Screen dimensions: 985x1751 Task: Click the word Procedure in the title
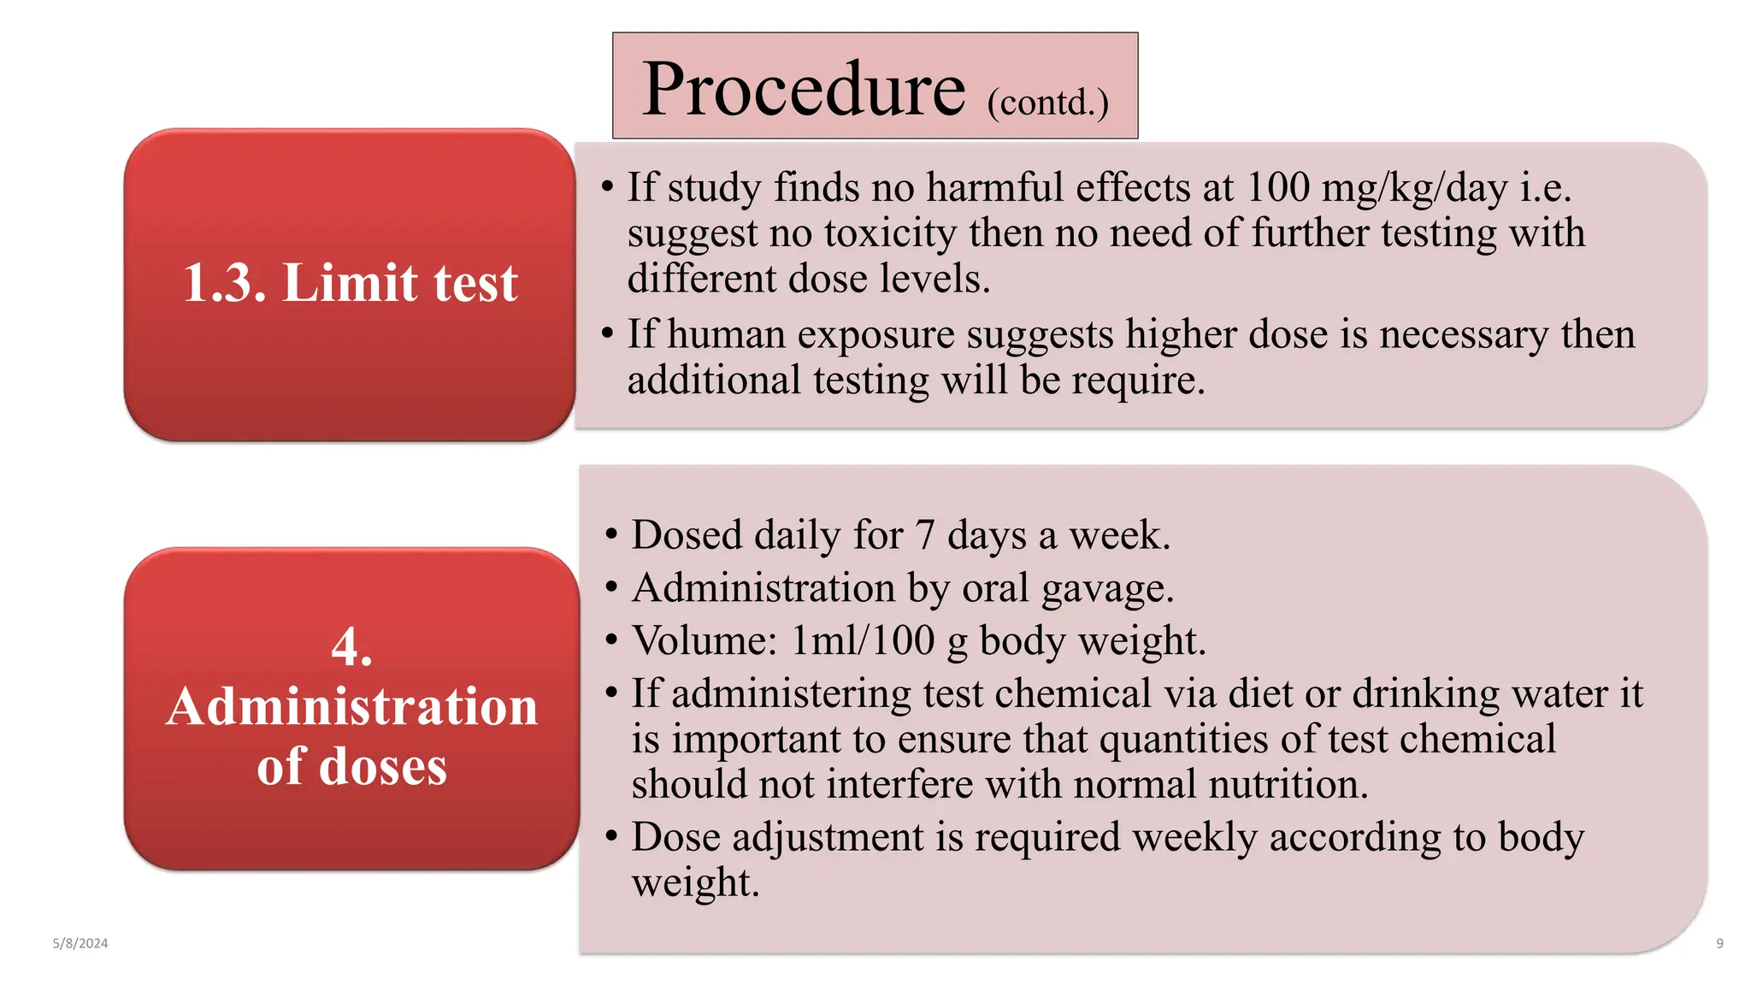coord(803,90)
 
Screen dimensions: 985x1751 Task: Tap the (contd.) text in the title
coord(1047,103)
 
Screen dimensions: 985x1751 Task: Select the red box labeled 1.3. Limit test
coord(350,284)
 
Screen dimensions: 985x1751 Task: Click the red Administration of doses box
coord(351,708)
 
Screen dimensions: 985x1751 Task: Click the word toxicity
coord(890,233)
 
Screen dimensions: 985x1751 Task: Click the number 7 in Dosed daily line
coord(924,535)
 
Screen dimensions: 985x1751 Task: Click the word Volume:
coord(705,640)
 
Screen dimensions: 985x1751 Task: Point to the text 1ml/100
coord(863,640)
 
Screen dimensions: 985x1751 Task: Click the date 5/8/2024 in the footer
coord(80,943)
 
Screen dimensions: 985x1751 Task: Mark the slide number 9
coord(1719,943)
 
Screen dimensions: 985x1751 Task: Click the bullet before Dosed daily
coord(610,535)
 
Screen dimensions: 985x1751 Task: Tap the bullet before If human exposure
coord(607,334)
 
